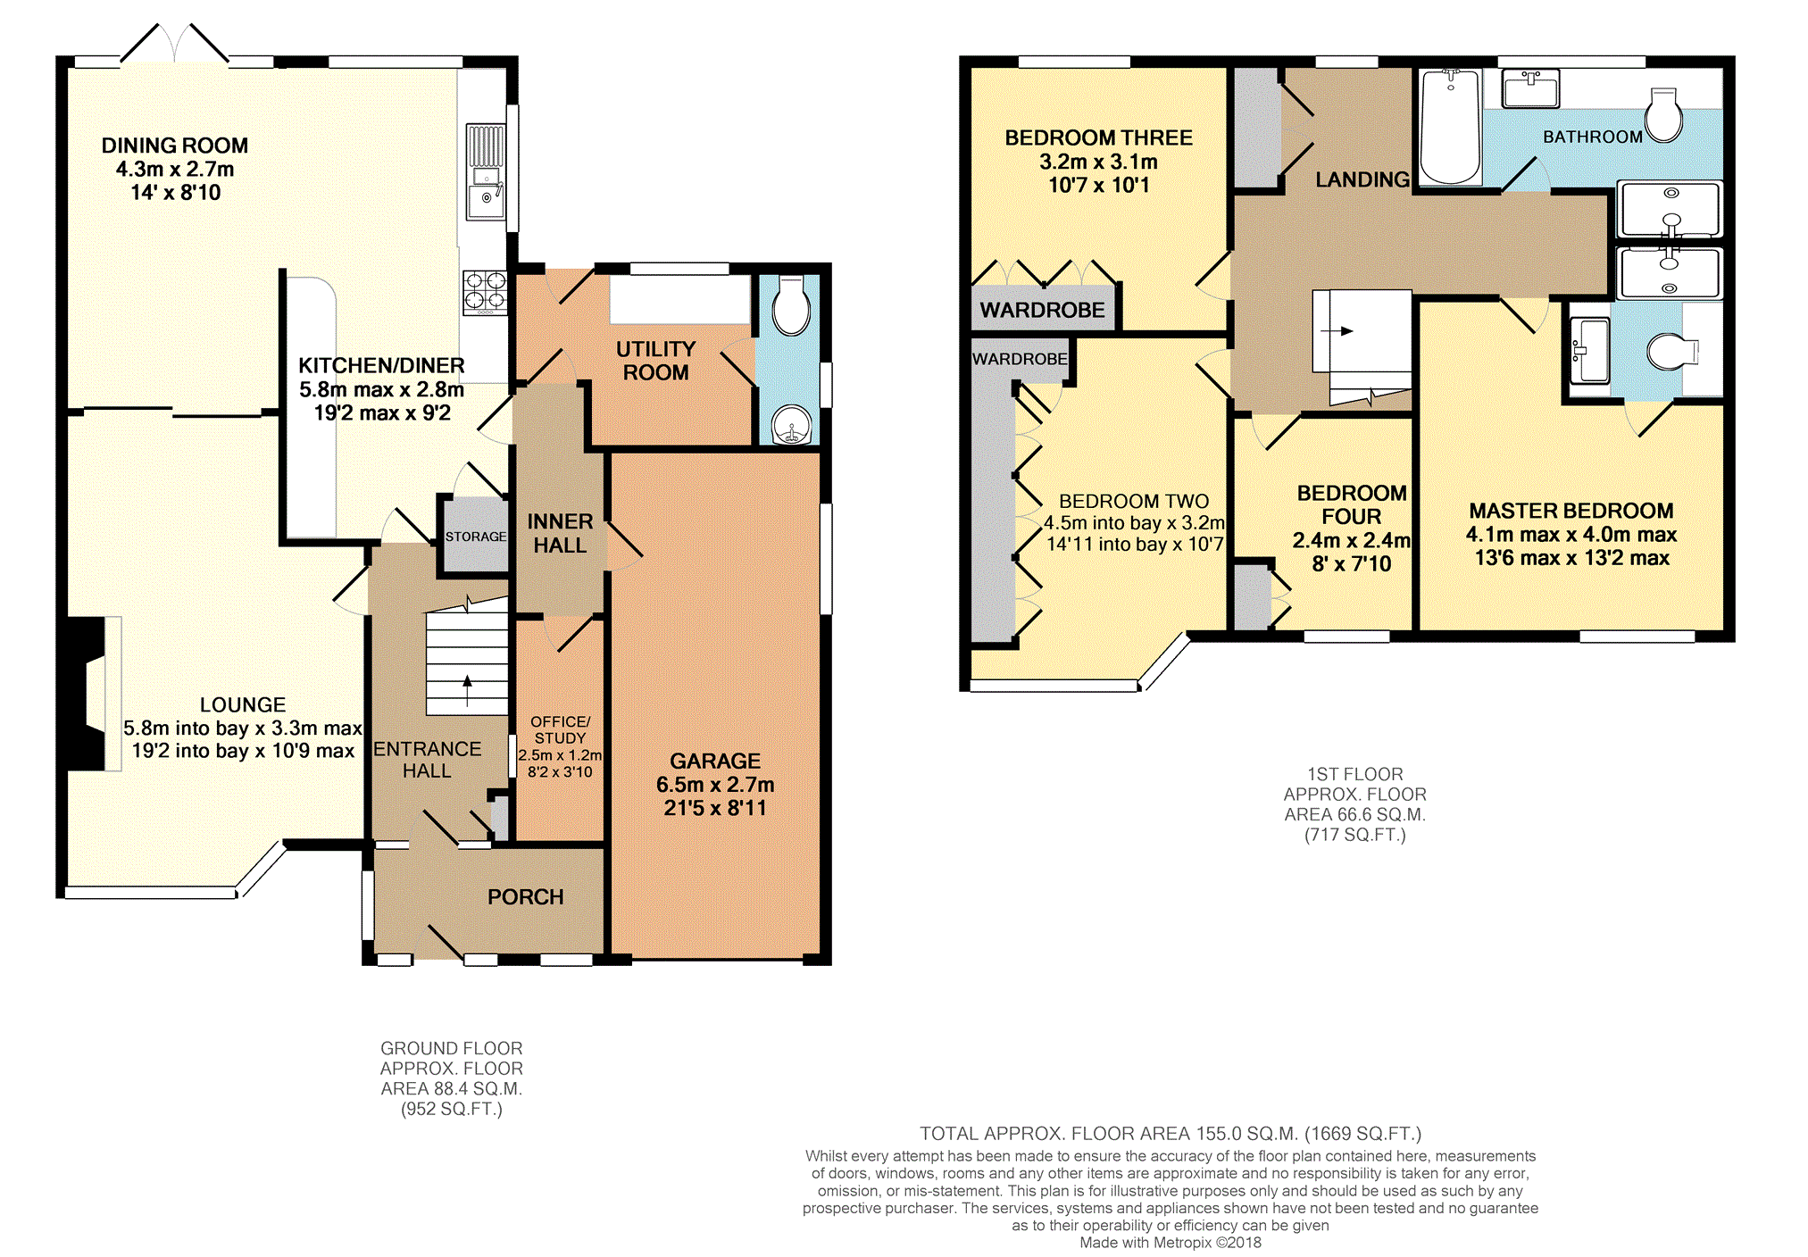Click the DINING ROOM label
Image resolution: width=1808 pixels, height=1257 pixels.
tap(175, 146)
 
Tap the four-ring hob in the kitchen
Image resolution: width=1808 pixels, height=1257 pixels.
tap(485, 293)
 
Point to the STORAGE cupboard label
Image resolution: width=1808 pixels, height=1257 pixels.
tap(476, 537)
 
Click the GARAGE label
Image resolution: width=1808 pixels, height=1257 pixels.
tap(715, 762)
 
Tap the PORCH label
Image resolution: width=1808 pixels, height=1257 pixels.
tap(526, 897)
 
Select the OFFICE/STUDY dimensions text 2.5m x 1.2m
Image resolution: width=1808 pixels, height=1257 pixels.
tap(560, 755)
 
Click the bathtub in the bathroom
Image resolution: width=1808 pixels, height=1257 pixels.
tap(1450, 128)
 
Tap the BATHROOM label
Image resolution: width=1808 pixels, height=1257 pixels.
tap(1593, 137)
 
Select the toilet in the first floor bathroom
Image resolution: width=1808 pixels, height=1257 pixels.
tap(1664, 115)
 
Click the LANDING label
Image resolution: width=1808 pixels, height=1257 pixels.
tap(1362, 179)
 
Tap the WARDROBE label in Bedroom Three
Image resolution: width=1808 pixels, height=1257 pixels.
tap(1042, 310)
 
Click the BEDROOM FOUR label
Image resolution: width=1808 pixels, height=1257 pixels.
tap(1352, 505)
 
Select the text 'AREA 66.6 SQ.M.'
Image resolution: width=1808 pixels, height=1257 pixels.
tap(1354, 815)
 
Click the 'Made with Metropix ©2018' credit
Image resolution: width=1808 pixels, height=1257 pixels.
tap(1171, 1243)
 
